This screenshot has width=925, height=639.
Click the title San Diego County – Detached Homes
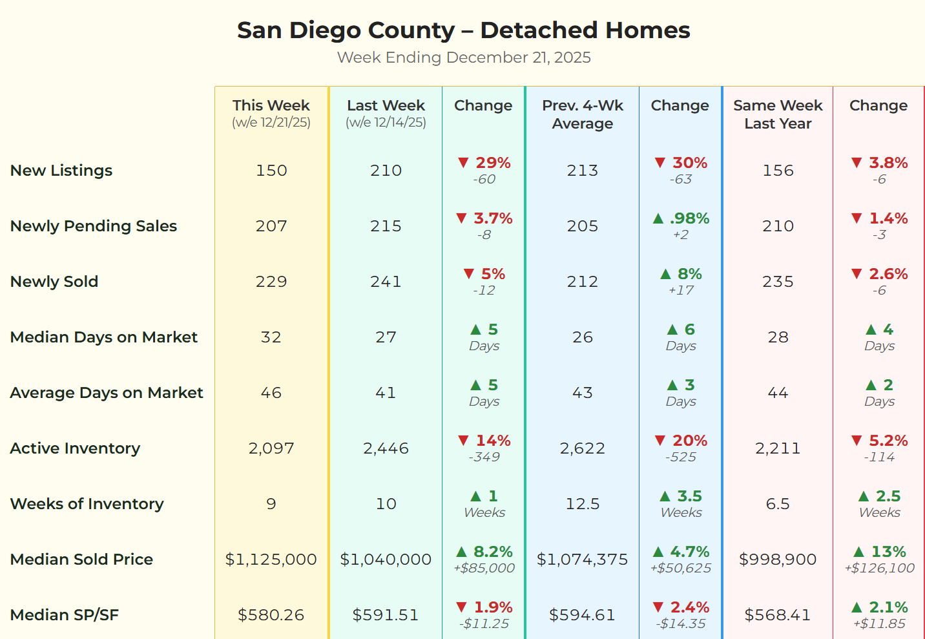463,30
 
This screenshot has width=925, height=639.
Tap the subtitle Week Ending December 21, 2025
463,58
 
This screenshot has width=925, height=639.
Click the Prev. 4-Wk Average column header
582,114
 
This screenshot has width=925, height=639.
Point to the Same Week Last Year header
778,114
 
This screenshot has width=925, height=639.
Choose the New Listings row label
61,171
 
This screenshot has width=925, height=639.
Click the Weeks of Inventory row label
87,504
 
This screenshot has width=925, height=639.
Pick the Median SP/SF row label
65,615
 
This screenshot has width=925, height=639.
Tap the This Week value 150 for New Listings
271,171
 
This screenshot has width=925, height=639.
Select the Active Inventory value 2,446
386,448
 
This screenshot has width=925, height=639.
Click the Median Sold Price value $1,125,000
271,560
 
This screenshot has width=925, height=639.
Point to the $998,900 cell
778,560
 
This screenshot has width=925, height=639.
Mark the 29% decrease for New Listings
493,163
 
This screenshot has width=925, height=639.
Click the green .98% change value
689,218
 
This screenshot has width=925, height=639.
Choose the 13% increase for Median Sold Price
888,552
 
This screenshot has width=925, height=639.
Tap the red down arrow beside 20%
660,441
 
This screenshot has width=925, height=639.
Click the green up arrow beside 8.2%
461,552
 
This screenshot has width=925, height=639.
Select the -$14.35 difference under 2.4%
681,624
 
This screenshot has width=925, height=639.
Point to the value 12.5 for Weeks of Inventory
582,504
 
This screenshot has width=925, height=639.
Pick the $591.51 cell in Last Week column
386,615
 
